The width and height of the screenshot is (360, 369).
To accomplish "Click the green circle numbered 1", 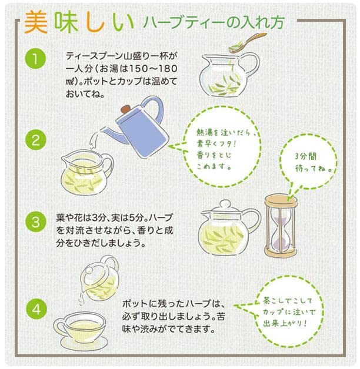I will pyautogui.click(x=35, y=59).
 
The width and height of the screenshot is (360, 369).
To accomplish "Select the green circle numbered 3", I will pyautogui.click(x=35, y=222).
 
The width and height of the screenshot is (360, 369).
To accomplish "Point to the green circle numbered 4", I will pyautogui.click(x=35, y=308).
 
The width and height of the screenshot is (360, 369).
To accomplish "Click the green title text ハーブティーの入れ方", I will pyautogui.click(x=215, y=23).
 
